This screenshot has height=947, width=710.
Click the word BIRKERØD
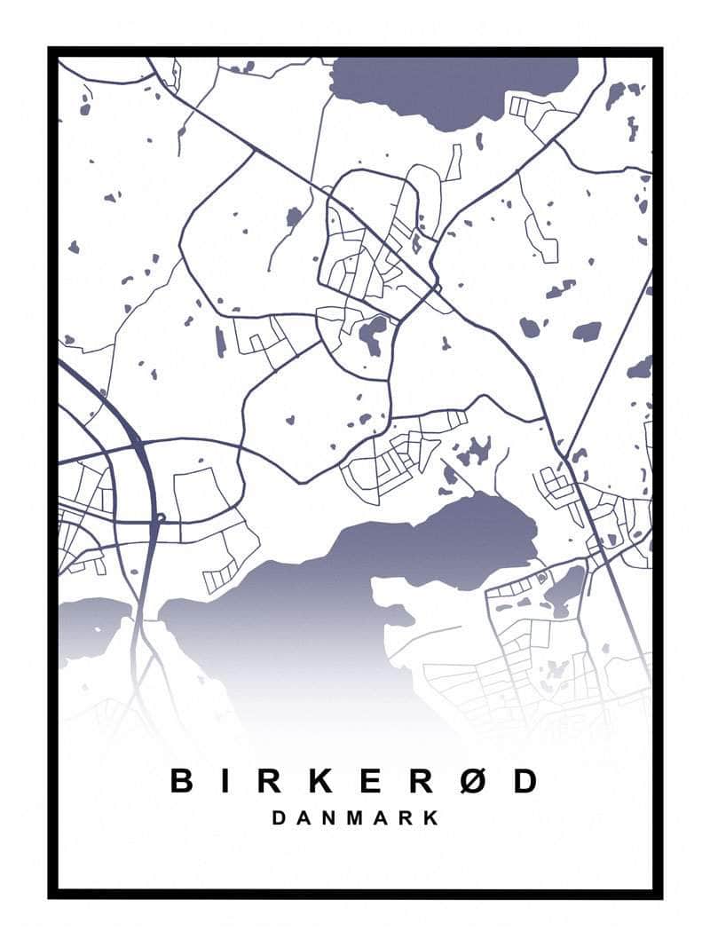coord(354,781)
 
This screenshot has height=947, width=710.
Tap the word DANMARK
coord(355,817)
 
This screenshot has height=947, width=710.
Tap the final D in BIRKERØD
coord(525,781)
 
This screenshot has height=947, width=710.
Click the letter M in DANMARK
coord(356,817)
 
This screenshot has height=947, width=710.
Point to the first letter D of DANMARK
coord(280,817)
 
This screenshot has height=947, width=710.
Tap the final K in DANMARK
coord(431,817)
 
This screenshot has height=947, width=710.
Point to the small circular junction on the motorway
coord(160,517)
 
